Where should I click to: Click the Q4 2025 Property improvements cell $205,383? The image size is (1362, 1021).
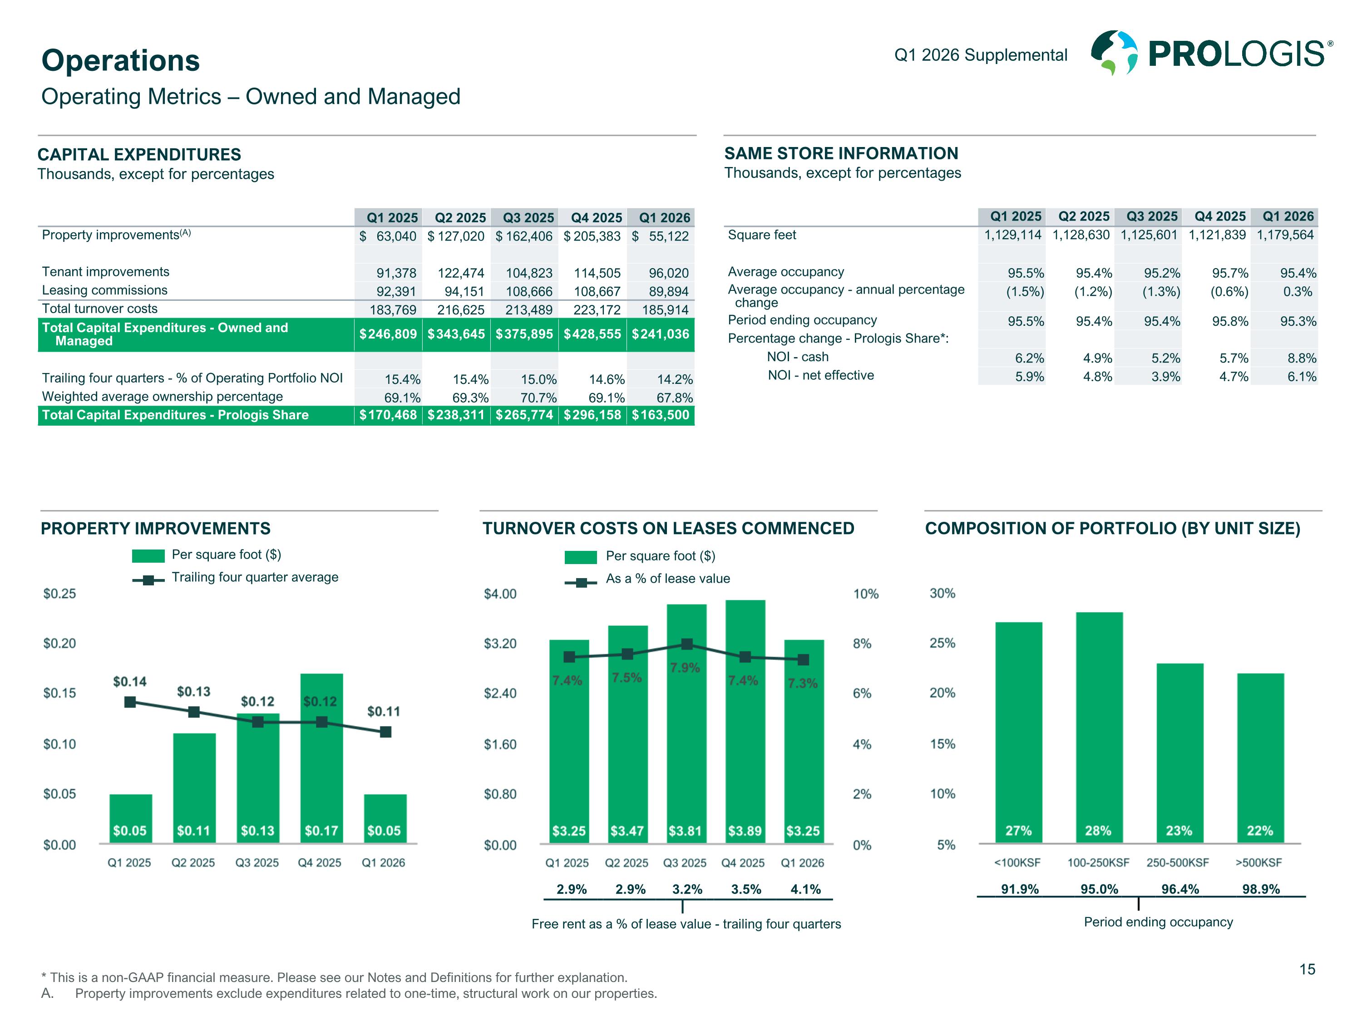592,236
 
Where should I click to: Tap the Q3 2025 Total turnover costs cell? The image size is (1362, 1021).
528,309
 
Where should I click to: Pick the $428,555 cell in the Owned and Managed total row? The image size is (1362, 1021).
592,334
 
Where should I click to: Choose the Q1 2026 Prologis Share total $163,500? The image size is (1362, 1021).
660,415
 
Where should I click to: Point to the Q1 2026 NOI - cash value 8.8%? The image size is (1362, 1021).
1301,358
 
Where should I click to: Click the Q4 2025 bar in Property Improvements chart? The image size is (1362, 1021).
321,757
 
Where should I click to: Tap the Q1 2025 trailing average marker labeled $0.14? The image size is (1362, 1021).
130,702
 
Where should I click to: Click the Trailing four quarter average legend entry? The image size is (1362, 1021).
254,577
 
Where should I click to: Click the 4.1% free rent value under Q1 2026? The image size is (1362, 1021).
805,889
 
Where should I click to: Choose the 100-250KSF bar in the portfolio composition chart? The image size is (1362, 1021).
1099,726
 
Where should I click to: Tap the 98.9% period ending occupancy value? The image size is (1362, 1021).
1260,889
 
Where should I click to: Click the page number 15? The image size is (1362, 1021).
1307,970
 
